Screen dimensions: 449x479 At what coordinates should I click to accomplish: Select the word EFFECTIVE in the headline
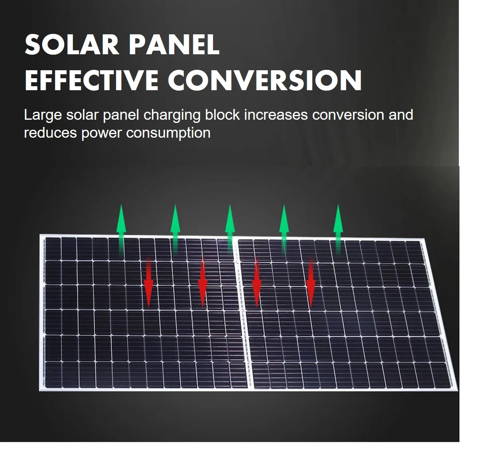[x=91, y=81]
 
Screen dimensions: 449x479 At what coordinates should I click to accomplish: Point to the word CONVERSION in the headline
[x=264, y=81]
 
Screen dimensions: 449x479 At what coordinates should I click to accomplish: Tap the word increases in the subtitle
[x=276, y=115]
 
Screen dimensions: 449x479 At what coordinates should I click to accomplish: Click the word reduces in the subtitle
[x=50, y=133]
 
